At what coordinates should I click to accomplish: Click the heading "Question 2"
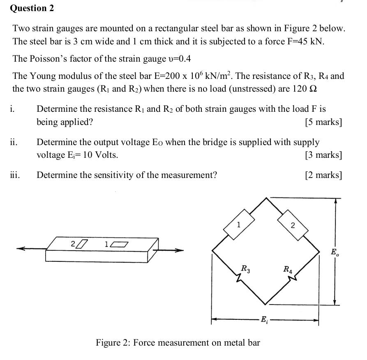[32, 8]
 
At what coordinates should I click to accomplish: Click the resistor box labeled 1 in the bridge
[239, 224]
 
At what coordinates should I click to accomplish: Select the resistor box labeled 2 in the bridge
[293, 224]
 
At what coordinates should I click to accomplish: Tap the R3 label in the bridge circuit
[245, 269]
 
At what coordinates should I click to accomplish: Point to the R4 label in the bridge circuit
[288, 270]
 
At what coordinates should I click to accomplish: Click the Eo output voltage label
[335, 252]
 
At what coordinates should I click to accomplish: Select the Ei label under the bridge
[265, 321]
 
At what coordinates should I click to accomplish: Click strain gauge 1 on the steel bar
[119, 245]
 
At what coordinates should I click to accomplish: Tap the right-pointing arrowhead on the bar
[179, 249]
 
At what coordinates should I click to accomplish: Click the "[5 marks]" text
[323, 122]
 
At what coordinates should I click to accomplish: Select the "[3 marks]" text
[323, 155]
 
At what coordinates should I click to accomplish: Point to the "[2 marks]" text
[323, 175]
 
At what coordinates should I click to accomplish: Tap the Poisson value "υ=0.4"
[179, 59]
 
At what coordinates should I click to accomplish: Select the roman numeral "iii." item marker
[15, 175]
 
